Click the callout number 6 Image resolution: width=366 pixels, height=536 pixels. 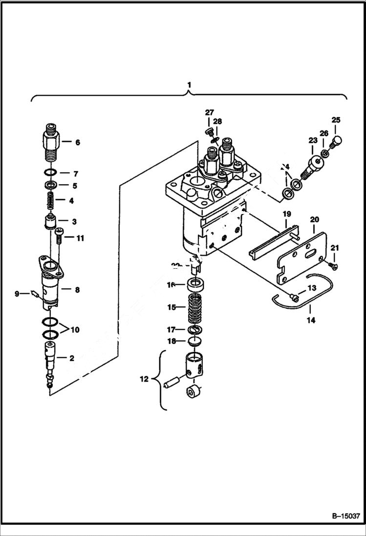click(x=77, y=143)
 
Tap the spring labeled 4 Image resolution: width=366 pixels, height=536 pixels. click(x=51, y=200)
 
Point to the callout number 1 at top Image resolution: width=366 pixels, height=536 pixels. click(x=189, y=85)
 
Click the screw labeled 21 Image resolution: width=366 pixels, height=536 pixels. click(x=333, y=264)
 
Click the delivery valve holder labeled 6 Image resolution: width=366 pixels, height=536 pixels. click(x=51, y=142)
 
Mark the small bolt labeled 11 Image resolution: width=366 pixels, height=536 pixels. click(x=59, y=237)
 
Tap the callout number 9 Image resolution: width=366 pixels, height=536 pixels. click(x=17, y=294)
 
